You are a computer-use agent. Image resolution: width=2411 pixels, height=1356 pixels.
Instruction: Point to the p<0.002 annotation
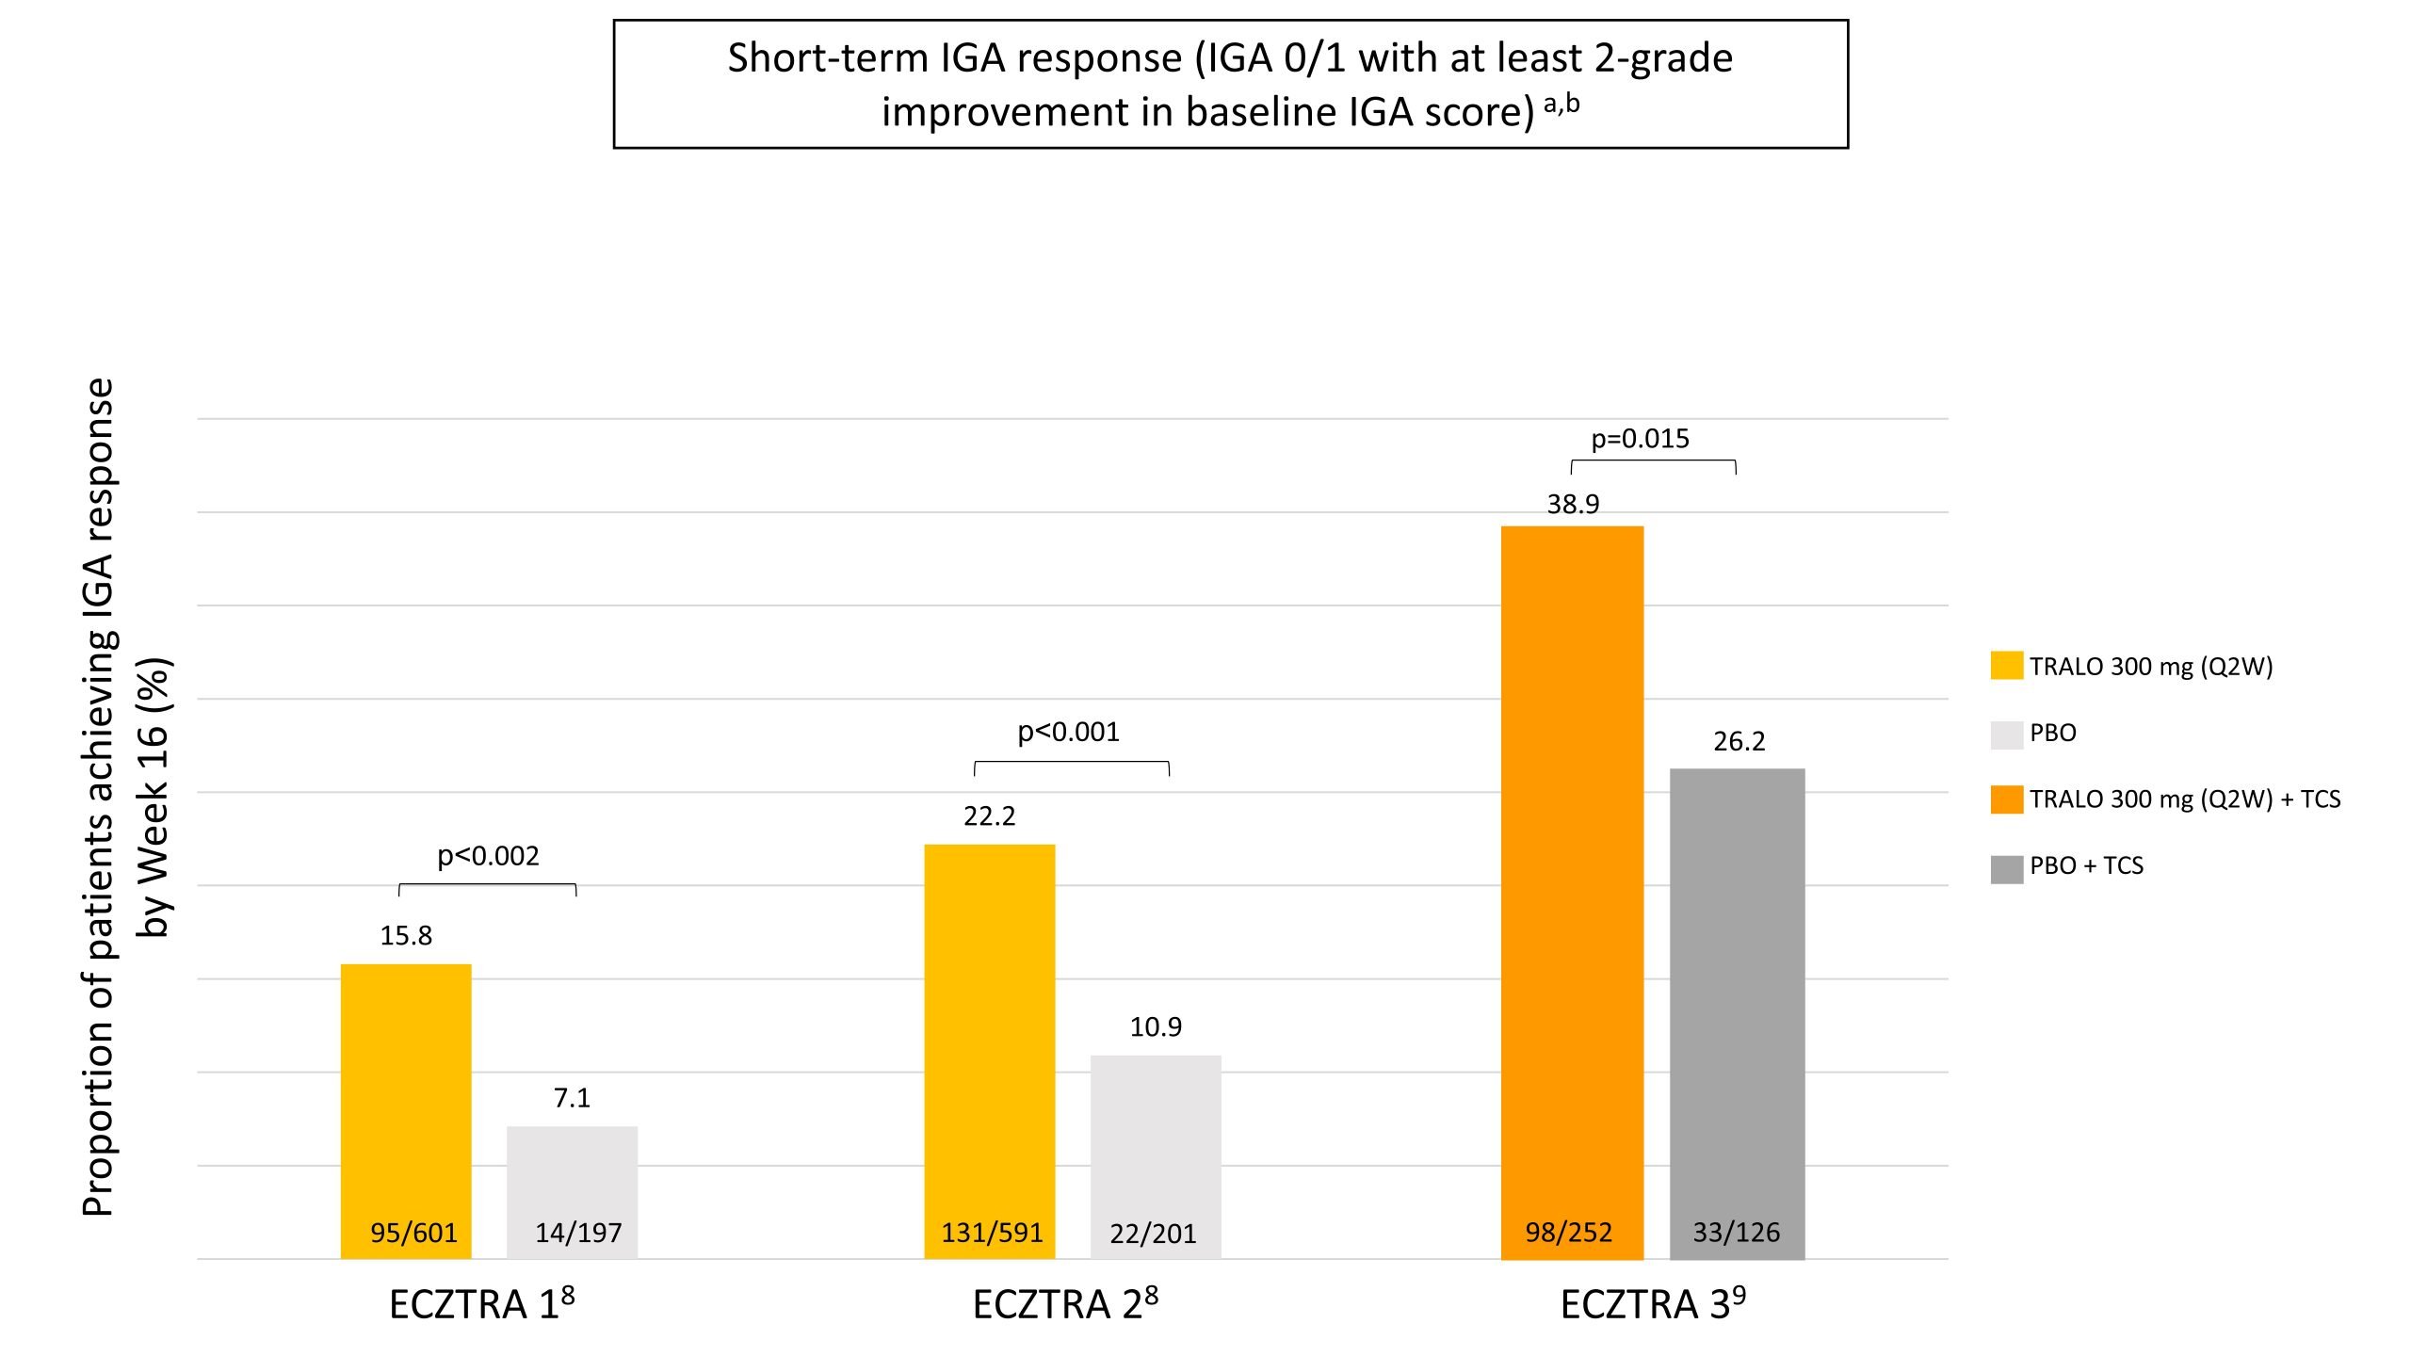click(x=488, y=856)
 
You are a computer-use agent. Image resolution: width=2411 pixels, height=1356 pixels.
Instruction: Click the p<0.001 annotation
click(x=1069, y=732)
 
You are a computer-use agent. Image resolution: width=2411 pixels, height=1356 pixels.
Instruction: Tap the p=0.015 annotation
click(x=1640, y=439)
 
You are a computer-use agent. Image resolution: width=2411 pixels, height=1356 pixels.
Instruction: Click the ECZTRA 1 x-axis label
click(x=481, y=1304)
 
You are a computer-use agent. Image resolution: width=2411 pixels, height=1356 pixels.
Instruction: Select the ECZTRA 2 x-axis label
click(x=1065, y=1304)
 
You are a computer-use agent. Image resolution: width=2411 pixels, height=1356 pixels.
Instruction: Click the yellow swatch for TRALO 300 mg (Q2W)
click(x=2007, y=666)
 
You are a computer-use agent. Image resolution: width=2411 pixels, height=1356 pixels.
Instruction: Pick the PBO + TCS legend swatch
click(x=2007, y=867)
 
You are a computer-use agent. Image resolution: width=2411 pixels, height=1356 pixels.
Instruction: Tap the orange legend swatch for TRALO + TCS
click(x=2007, y=799)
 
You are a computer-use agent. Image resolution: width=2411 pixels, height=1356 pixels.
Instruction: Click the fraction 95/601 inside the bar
click(x=413, y=1233)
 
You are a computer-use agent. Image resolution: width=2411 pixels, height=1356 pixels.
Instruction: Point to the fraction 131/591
click(x=993, y=1233)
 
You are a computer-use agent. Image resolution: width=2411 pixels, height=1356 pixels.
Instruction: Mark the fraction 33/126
click(x=1737, y=1233)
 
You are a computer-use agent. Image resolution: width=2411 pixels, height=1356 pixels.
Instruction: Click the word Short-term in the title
click(x=828, y=58)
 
